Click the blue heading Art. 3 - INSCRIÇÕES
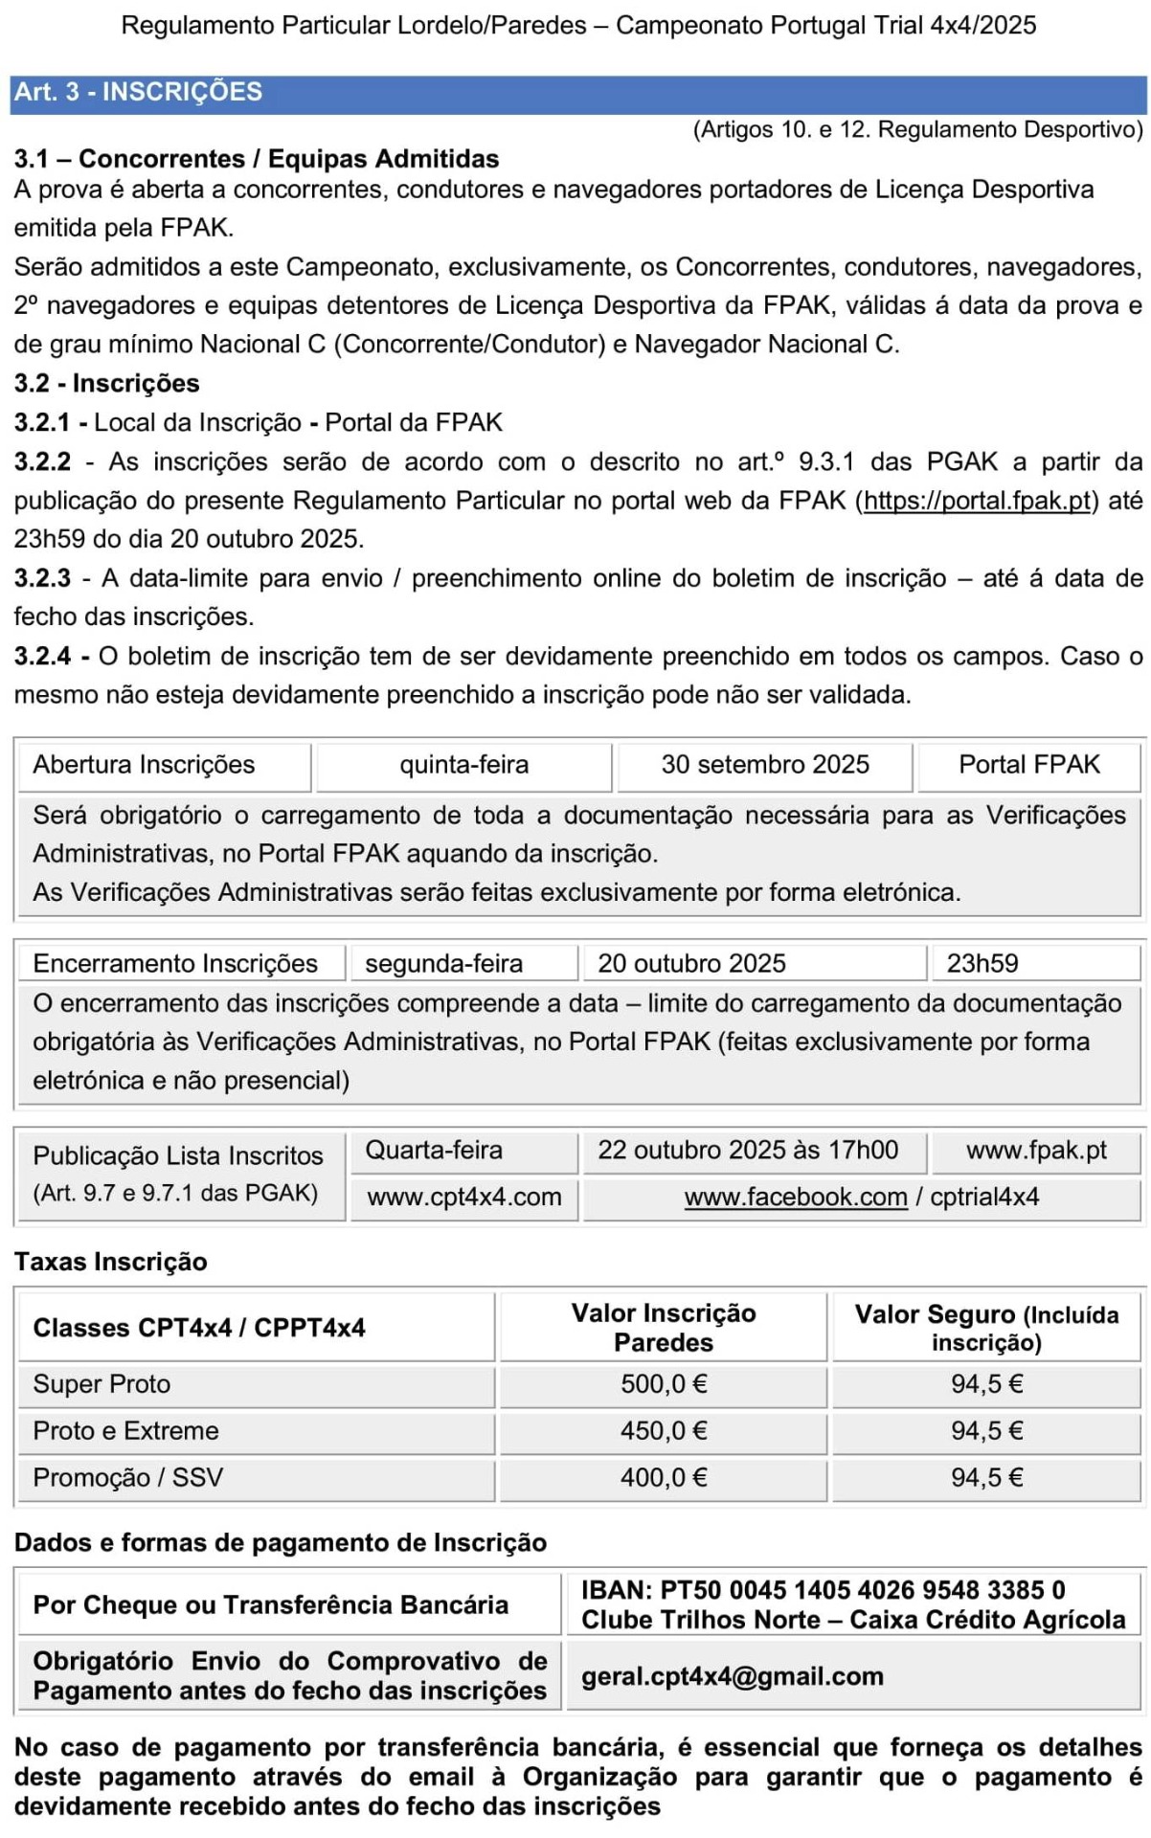pos(138,92)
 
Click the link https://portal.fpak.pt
pos(977,501)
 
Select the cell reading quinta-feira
pos(463,765)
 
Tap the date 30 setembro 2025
pos(765,765)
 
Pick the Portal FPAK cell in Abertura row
pos(1029,765)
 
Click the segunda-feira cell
pos(444,963)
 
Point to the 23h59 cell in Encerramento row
pos(982,963)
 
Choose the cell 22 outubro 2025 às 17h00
pos(748,1150)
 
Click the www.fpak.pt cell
pos(1036,1150)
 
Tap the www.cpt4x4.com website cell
pos(464,1197)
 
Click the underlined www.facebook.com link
pos(796,1197)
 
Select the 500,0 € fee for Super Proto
pos(664,1384)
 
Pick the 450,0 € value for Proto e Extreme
pos(664,1431)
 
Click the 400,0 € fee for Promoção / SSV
pos(664,1478)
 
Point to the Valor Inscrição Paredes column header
pos(664,1328)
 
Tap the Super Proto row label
pos(102,1384)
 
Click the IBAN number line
pos(823,1590)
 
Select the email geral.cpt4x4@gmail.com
pos(732,1676)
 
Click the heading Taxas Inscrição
pos(110,1262)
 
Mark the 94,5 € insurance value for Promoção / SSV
pos(987,1478)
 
